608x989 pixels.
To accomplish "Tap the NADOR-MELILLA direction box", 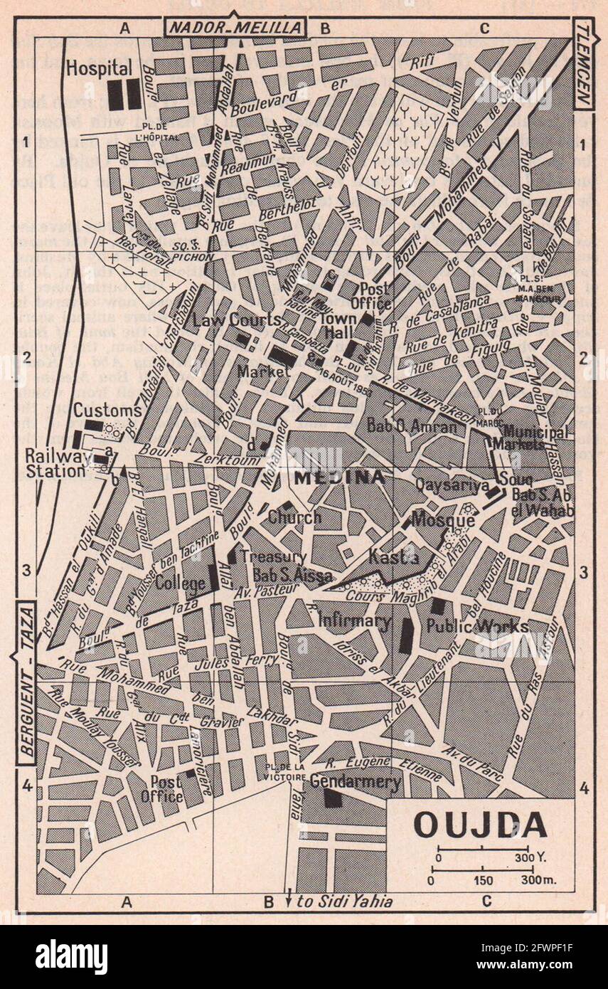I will (235, 28).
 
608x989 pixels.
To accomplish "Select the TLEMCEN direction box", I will (584, 64).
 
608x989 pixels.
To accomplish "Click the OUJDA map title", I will (480, 825).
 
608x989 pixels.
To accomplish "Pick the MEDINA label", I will (339, 477).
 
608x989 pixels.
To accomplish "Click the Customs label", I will (107, 411).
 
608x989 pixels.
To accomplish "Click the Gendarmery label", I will (355, 782).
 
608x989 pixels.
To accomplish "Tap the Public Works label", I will (477, 625).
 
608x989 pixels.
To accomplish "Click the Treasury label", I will (273, 556).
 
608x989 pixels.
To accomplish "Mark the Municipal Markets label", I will (535, 438).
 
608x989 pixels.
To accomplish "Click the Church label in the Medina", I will (294, 517).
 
